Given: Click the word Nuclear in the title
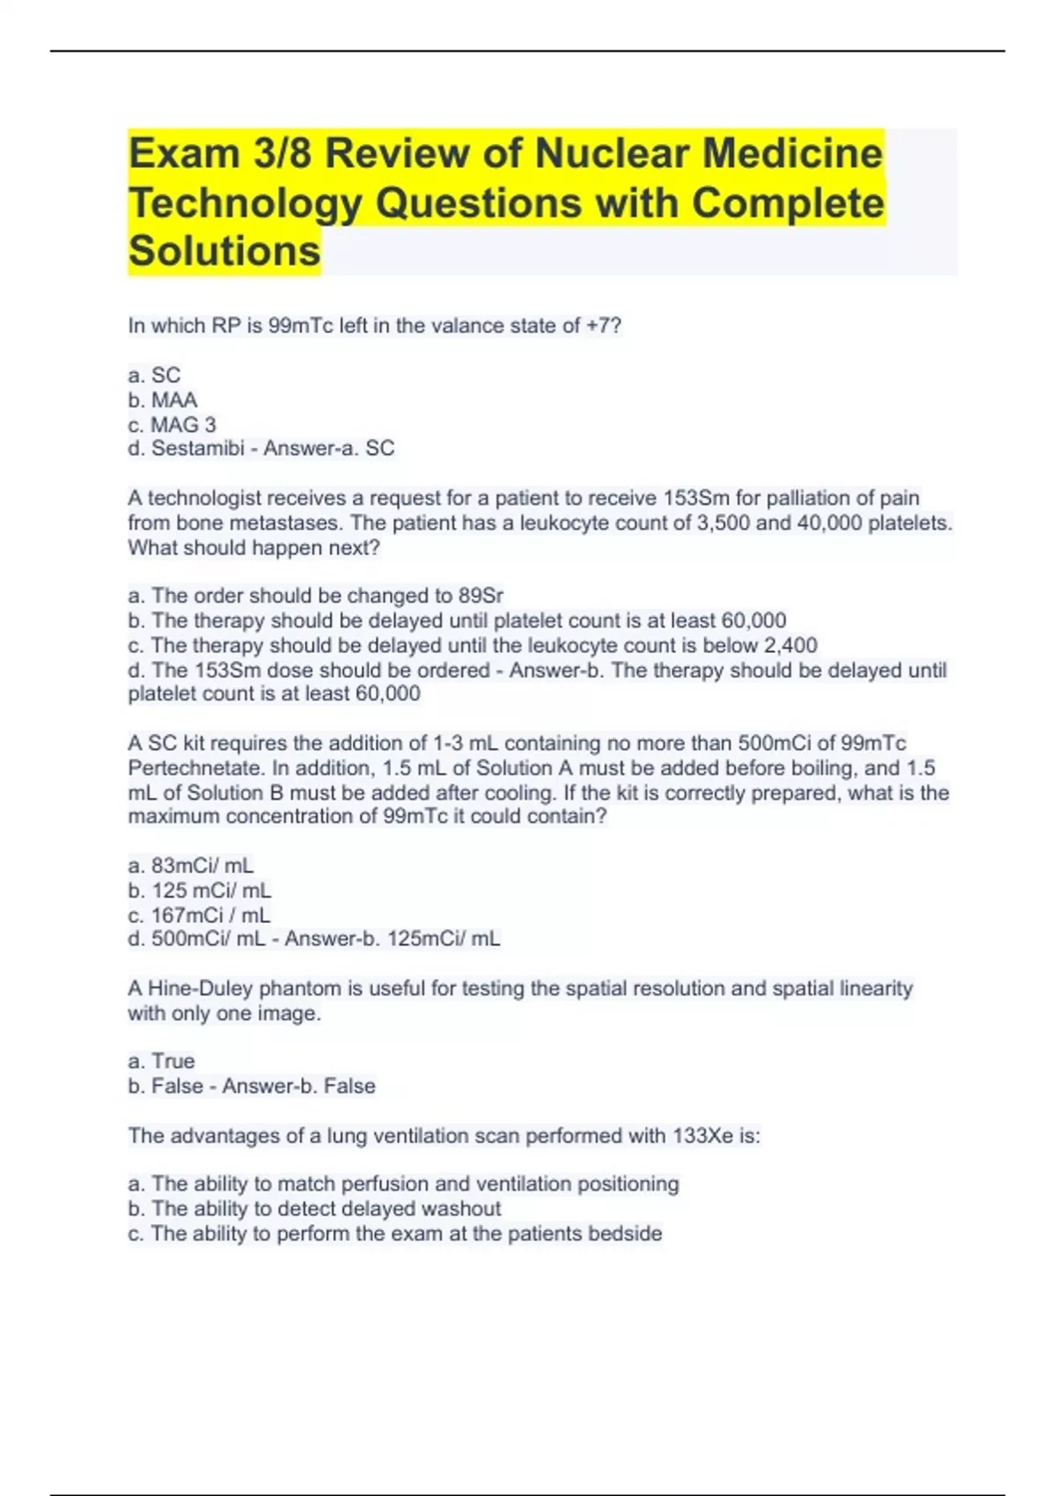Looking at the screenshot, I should (612, 153).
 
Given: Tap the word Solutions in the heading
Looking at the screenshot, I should (224, 251).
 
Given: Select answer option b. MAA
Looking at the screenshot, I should (163, 400).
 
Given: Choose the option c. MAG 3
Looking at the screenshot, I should (172, 424).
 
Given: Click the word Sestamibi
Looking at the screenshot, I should (198, 448).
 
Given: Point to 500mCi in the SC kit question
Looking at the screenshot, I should (774, 744).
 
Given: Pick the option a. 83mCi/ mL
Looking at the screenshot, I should (191, 865).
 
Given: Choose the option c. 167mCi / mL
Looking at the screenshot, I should (199, 915).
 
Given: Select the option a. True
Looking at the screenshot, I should (162, 1060).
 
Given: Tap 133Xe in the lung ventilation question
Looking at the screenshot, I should (702, 1136).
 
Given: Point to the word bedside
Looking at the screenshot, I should (624, 1233).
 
